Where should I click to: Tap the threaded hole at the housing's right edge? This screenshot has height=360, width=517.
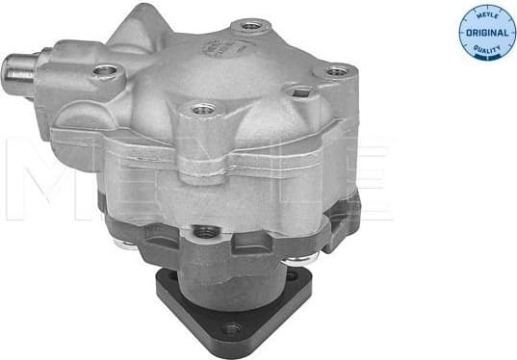(x=335, y=70)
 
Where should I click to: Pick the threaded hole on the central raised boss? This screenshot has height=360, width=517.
(x=202, y=110)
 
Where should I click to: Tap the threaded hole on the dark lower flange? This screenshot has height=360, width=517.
(x=205, y=232)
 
